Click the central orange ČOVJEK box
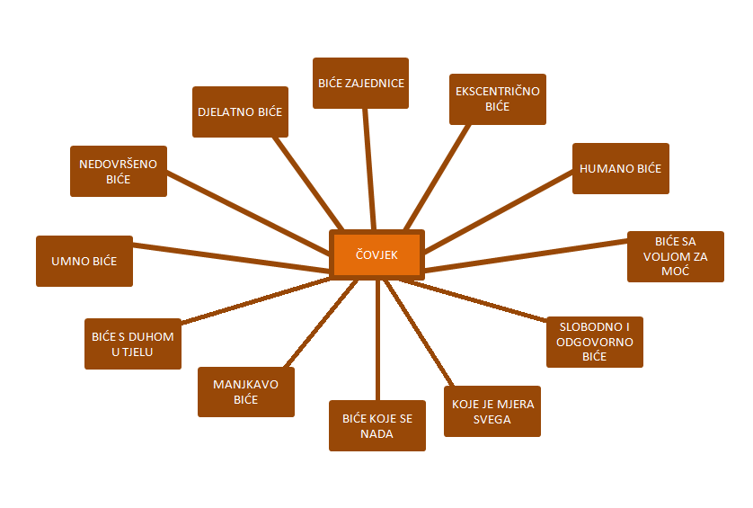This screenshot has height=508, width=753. click(376, 254)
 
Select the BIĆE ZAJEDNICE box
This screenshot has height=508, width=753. click(360, 83)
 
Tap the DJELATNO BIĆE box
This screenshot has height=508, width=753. click(240, 112)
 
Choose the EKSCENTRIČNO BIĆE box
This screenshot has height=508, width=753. click(498, 99)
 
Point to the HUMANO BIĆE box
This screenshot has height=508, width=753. click(620, 169)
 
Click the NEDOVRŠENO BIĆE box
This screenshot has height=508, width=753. click(119, 171)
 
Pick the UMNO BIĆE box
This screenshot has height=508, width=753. click(84, 261)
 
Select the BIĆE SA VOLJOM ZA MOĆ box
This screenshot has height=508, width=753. click(675, 256)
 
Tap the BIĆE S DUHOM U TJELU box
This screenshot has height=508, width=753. click(133, 343)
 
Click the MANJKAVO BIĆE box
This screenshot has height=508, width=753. click(246, 392)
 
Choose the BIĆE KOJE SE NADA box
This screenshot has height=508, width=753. click(377, 426)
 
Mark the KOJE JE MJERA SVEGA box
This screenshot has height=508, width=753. click(492, 412)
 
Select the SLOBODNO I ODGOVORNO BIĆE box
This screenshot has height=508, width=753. click(595, 342)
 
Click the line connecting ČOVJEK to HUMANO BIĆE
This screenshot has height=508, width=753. click(499, 211)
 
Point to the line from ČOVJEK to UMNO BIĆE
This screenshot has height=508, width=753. click(231, 259)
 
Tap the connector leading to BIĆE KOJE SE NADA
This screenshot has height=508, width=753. click(378, 340)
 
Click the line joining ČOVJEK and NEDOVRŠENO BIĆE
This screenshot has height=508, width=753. click(248, 213)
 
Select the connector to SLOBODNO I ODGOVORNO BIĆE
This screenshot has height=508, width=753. click(473, 300)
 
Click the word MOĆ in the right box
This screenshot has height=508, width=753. click(675, 271)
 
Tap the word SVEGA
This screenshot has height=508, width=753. click(492, 419)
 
